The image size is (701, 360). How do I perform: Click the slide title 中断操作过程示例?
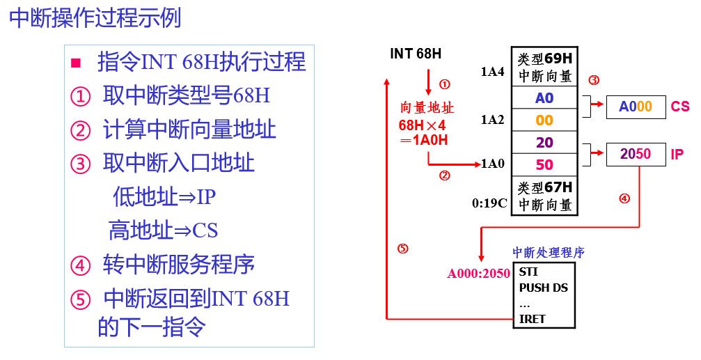[95, 17]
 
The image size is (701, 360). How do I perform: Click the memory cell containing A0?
[544, 98]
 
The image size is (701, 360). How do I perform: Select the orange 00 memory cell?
[544, 120]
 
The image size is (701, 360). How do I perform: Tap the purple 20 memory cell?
[544, 143]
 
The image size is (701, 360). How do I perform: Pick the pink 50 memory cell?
[544, 165]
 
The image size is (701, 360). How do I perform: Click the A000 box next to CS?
[636, 107]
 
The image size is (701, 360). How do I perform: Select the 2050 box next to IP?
[636, 154]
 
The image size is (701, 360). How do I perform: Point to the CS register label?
[680, 107]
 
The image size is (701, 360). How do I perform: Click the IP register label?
[677, 154]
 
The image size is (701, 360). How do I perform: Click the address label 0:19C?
[490, 204]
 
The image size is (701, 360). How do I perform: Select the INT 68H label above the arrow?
[416, 54]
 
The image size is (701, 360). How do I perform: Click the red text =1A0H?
[423, 140]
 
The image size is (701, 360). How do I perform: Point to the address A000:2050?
[478, 274]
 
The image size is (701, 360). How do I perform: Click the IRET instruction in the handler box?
[533, 319]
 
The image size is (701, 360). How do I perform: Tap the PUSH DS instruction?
[544, 287]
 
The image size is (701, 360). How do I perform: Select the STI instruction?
[528, 272]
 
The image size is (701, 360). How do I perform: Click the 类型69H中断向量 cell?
[544, 68]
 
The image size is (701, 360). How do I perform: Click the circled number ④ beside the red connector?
[624, 198]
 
